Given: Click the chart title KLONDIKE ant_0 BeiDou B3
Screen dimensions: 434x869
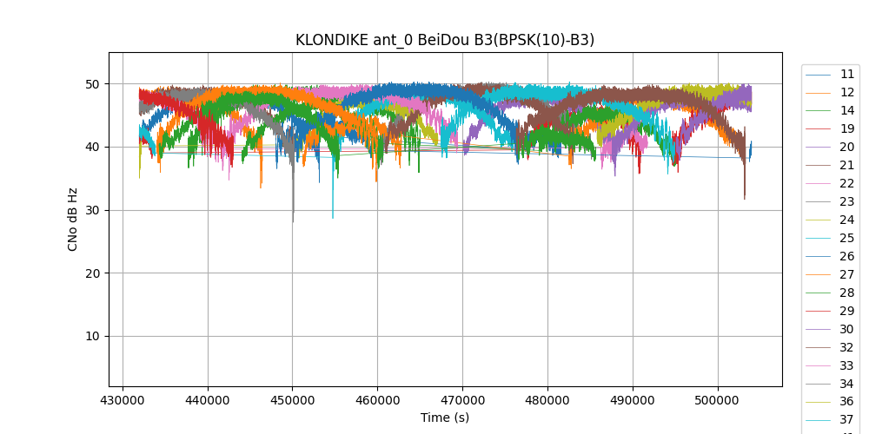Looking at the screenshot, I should [445, 40].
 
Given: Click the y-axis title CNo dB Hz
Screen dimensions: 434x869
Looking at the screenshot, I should [73, 220].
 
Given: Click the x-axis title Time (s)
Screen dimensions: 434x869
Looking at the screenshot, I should [445, 418].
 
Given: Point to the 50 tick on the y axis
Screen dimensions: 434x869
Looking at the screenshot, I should [96, 84].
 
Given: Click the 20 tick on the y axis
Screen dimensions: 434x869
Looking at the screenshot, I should [96, 273].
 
